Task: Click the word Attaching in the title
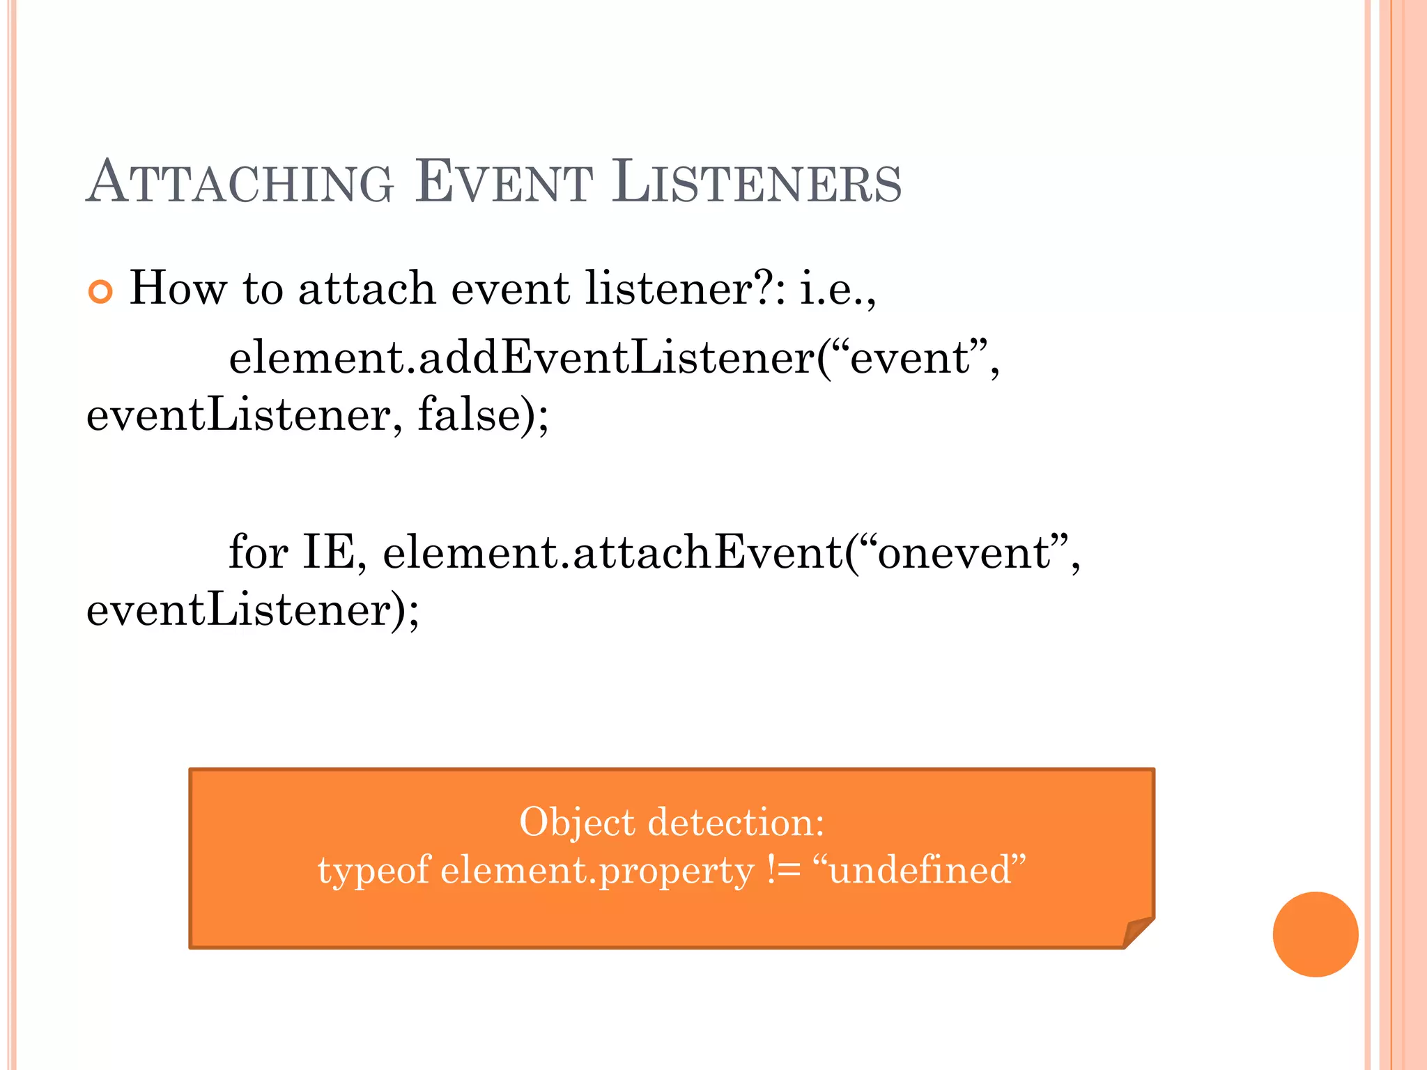(x=240, y=183)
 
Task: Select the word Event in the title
(x=503, y=183)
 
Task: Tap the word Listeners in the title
(x=757, y=183)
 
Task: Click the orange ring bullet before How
(x=100, y=292)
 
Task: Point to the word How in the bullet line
(x=178, y=288)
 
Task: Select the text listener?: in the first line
(x=686, y=288)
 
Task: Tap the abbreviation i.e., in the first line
(x=837, y=288)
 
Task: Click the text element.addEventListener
(x=523, y=357)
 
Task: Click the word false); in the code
(x=483, y=414)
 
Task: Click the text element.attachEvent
(x=613, y=552)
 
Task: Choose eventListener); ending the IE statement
(x=252, y=610)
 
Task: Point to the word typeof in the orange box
(x=374, y=870)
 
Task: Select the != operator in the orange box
(x=783, y=870)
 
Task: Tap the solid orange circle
(x=1315, y=934)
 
